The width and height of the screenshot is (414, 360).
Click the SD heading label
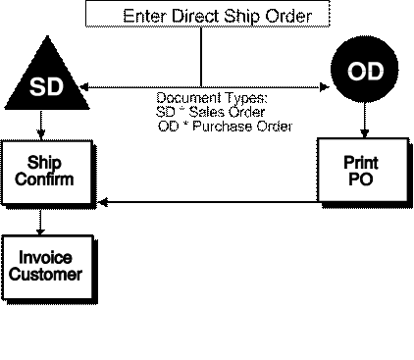click(46, 87)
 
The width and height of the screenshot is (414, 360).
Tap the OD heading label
click(365, 72)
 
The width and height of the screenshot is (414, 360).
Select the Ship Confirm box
click(46, 172)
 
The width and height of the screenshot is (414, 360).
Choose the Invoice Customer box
click(46, 267)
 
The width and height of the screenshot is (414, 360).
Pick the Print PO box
click(361, 171)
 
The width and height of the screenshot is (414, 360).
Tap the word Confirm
click(45, 180)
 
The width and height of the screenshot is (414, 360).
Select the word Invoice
click(45, 258)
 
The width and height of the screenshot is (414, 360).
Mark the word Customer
click(45, 274)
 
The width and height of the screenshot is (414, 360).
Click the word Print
click(361, 163)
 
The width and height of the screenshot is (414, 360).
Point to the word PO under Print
click(361, 179)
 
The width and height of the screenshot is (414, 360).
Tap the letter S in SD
click(37, 87)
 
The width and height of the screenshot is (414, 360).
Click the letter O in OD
click(356, 72)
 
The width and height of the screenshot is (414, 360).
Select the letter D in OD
click(375, 72)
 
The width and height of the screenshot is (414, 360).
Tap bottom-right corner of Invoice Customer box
click(90, 296)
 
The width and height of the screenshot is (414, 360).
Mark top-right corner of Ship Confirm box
click(89, 143)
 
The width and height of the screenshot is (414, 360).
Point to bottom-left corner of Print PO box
click(320, 200)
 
